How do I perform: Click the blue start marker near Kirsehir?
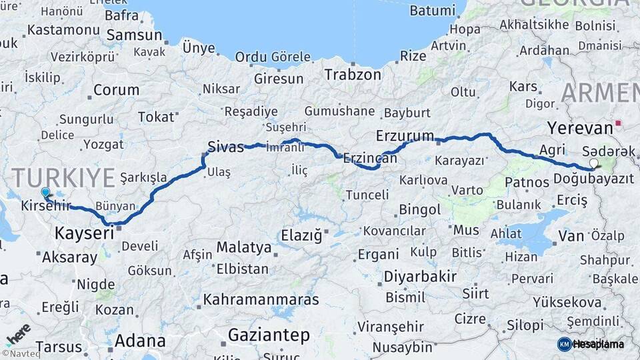click(45, 193)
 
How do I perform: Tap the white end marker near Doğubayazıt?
click(593, 163)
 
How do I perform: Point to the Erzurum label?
click(405, 135)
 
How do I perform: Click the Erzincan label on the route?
click(366, 159)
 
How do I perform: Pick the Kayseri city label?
click(84, 233)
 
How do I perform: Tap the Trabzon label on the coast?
click(353, 75)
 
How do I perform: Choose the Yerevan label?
click(579, 127)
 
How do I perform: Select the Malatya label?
click(243, 248)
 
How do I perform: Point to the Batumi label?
click(432, 11)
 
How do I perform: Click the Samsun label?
click(134, 35)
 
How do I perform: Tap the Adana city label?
click(139, 341)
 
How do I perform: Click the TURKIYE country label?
click(64, 178)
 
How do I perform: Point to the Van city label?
click(571, 235)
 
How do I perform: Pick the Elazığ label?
click(301, 235)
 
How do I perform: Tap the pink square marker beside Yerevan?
click(619, 123)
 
